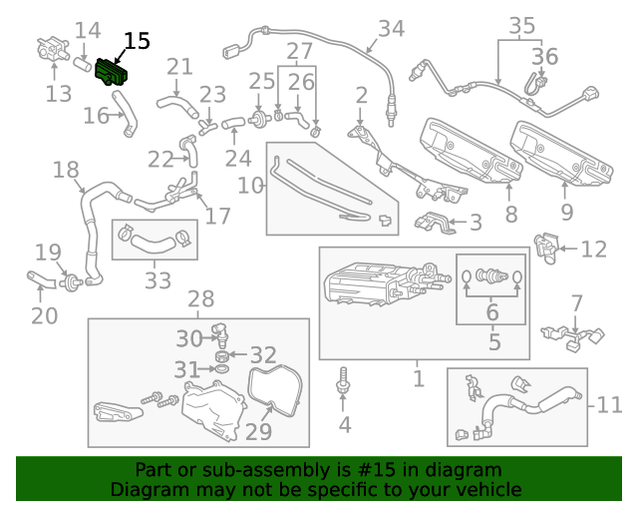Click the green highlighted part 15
click(114, 73)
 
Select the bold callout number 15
click(136, 41)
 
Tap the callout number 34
click(391, 29)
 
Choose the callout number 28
click(200, 298)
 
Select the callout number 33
click(158, 281)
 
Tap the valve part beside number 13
click(47, 50)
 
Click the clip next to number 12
click(545, 248)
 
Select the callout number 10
click(249, 185)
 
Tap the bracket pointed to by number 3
click(434, 223)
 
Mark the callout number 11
click(609, 404)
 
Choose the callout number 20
click(44, 316)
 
